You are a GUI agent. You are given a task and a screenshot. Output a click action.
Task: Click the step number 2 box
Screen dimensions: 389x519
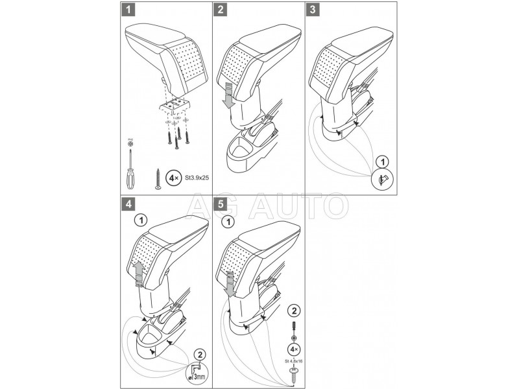click(221, 10)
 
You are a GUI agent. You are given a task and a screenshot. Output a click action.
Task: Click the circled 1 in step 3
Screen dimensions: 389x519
click(383, 160)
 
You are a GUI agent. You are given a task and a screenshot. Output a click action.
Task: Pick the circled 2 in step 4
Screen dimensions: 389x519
click(200, 353)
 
